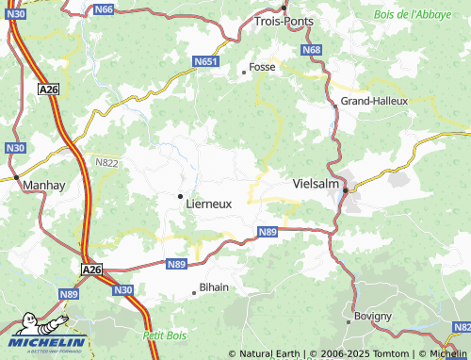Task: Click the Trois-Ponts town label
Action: point(283,20)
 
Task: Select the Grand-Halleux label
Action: point(374,101)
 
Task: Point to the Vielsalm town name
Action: point(316,184)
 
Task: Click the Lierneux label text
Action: point(209,203)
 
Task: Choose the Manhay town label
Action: point(44,186)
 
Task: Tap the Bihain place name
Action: point(215,287)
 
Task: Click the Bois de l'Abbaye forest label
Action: point(414,14)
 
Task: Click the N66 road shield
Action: point(105,9)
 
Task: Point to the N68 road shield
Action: point(312,49)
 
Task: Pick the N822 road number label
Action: point(107,162)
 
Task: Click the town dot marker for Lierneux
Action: point(180,196)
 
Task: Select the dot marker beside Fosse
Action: point(243,71)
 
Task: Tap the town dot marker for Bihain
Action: point(194,292)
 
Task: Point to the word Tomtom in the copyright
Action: point(392,353)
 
